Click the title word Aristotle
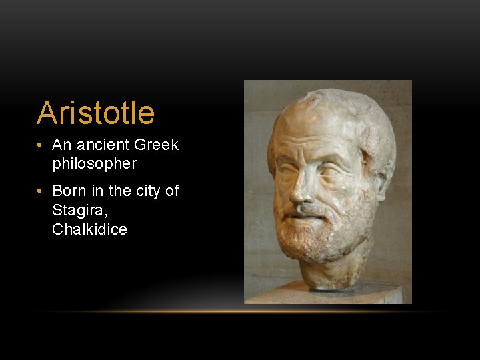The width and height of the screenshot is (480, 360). click(95, 113)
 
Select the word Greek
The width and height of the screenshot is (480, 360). click(157, 145)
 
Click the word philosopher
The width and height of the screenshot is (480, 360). click(94, 163)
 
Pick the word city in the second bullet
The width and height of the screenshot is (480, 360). click(148, 191)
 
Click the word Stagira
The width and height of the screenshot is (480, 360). click(76, 211)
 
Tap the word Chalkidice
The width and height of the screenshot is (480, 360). click(89, 230)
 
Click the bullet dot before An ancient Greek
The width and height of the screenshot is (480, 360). click(41, 145)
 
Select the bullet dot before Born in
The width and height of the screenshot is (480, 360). click(41, 191)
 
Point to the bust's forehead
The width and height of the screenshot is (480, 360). click(313, 130)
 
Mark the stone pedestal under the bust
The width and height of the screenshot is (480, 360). click(327, 293)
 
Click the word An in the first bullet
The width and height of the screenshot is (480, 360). click(61, 145)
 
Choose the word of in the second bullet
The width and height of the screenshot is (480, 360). click(172, 191)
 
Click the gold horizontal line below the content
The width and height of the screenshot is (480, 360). click(240, 311)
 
